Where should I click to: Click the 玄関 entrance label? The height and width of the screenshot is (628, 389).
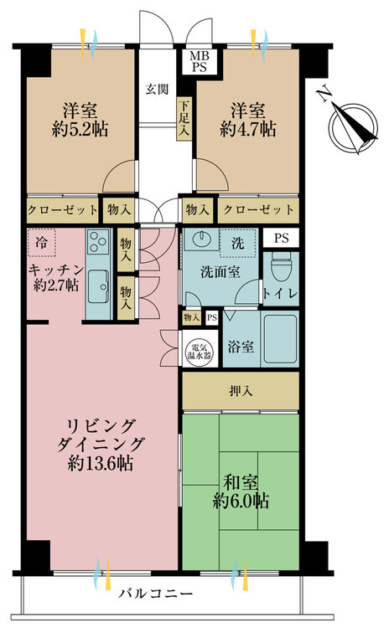tap(157, 89)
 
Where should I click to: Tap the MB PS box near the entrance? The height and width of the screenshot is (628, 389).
tap(200, 61)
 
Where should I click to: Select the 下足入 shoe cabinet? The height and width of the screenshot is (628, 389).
tap(184, 120)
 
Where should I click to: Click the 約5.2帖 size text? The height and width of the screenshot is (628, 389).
tap(80, 129)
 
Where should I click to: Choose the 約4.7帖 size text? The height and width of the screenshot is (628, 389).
tap(248, 129)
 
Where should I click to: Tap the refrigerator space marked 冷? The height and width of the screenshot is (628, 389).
tap(41, 243)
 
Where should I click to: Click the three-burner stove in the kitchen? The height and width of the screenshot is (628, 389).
tap(98, 241)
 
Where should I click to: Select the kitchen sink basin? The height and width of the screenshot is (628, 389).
tap(98, 286)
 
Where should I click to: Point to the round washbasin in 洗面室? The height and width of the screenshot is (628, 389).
tap(200, 239)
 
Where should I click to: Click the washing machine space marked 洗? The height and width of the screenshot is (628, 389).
tap(238, 243)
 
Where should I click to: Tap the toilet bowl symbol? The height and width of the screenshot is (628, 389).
tap(281, 266)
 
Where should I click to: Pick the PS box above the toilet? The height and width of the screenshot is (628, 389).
tap(281, 239)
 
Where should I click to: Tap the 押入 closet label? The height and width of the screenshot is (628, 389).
tap(241, 391)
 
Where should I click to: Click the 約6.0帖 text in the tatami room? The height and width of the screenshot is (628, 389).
tap(241, 501)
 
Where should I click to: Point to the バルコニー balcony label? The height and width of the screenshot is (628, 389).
tap(156, 594)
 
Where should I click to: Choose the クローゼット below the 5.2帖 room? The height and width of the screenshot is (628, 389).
tap(63, 209)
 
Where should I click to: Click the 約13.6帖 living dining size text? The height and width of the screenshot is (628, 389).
tap(101, 463)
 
